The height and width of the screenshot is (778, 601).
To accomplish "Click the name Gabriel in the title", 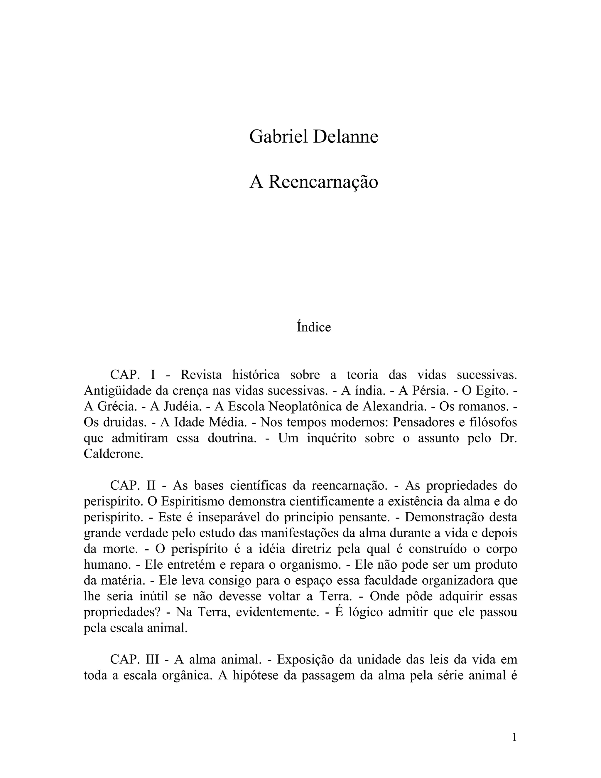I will tap(278, 137).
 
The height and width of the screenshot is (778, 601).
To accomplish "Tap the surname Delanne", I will tap(345, 137).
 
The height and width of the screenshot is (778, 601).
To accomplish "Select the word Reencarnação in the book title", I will tap(323, 182).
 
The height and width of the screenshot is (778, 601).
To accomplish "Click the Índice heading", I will tap(314, 327).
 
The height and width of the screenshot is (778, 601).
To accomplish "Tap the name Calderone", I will tap(113, 454).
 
